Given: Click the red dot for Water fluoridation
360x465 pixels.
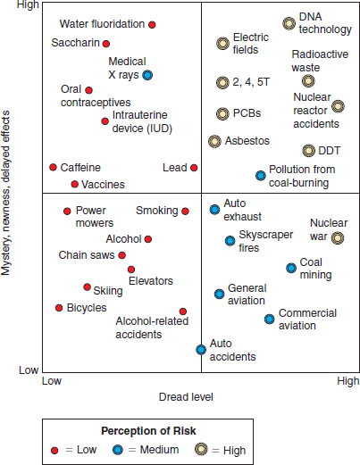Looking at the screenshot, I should pyautogui.click(x=152, y=25).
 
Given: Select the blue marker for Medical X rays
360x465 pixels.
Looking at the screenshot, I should pyautogui.click(x=147, y=75).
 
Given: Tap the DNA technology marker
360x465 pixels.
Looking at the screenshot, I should pyautogui.click(x=289, y=24).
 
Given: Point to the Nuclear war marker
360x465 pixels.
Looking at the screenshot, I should pyautogui.click(x=338, y=237).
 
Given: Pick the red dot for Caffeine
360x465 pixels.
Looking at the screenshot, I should pyautogui.click(x=53, y=167).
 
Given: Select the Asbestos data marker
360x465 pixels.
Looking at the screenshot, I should pyautogui.click(x=214, y=141).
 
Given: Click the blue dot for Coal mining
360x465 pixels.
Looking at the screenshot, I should pyautogui.click(x=291, y=268).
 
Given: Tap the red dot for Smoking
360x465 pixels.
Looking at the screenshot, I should pyautogui.click(x=185, y=212).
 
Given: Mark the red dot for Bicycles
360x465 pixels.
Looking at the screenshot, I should pyautogui.click(x=59, y=308).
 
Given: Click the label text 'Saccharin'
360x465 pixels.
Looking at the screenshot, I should pyautogui.click(x=75, y=43).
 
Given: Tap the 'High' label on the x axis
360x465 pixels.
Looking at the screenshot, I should pyautogui.click(x=347, y=381).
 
